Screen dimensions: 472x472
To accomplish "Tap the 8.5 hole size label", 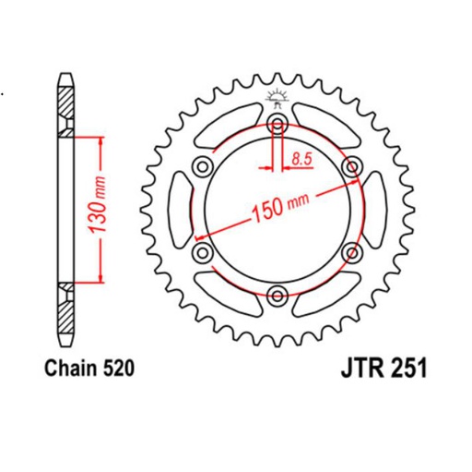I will click(x=300, y=160).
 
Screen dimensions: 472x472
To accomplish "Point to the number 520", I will click(x=120, y=369).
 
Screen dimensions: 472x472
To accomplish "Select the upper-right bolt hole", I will click(x=350, y=167).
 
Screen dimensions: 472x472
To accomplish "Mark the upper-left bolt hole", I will click(x=203, y=167).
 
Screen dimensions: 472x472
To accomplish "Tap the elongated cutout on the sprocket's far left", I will click(x=178, y=210).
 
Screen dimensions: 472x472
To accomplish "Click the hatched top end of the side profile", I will click(x=66, y=92).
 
